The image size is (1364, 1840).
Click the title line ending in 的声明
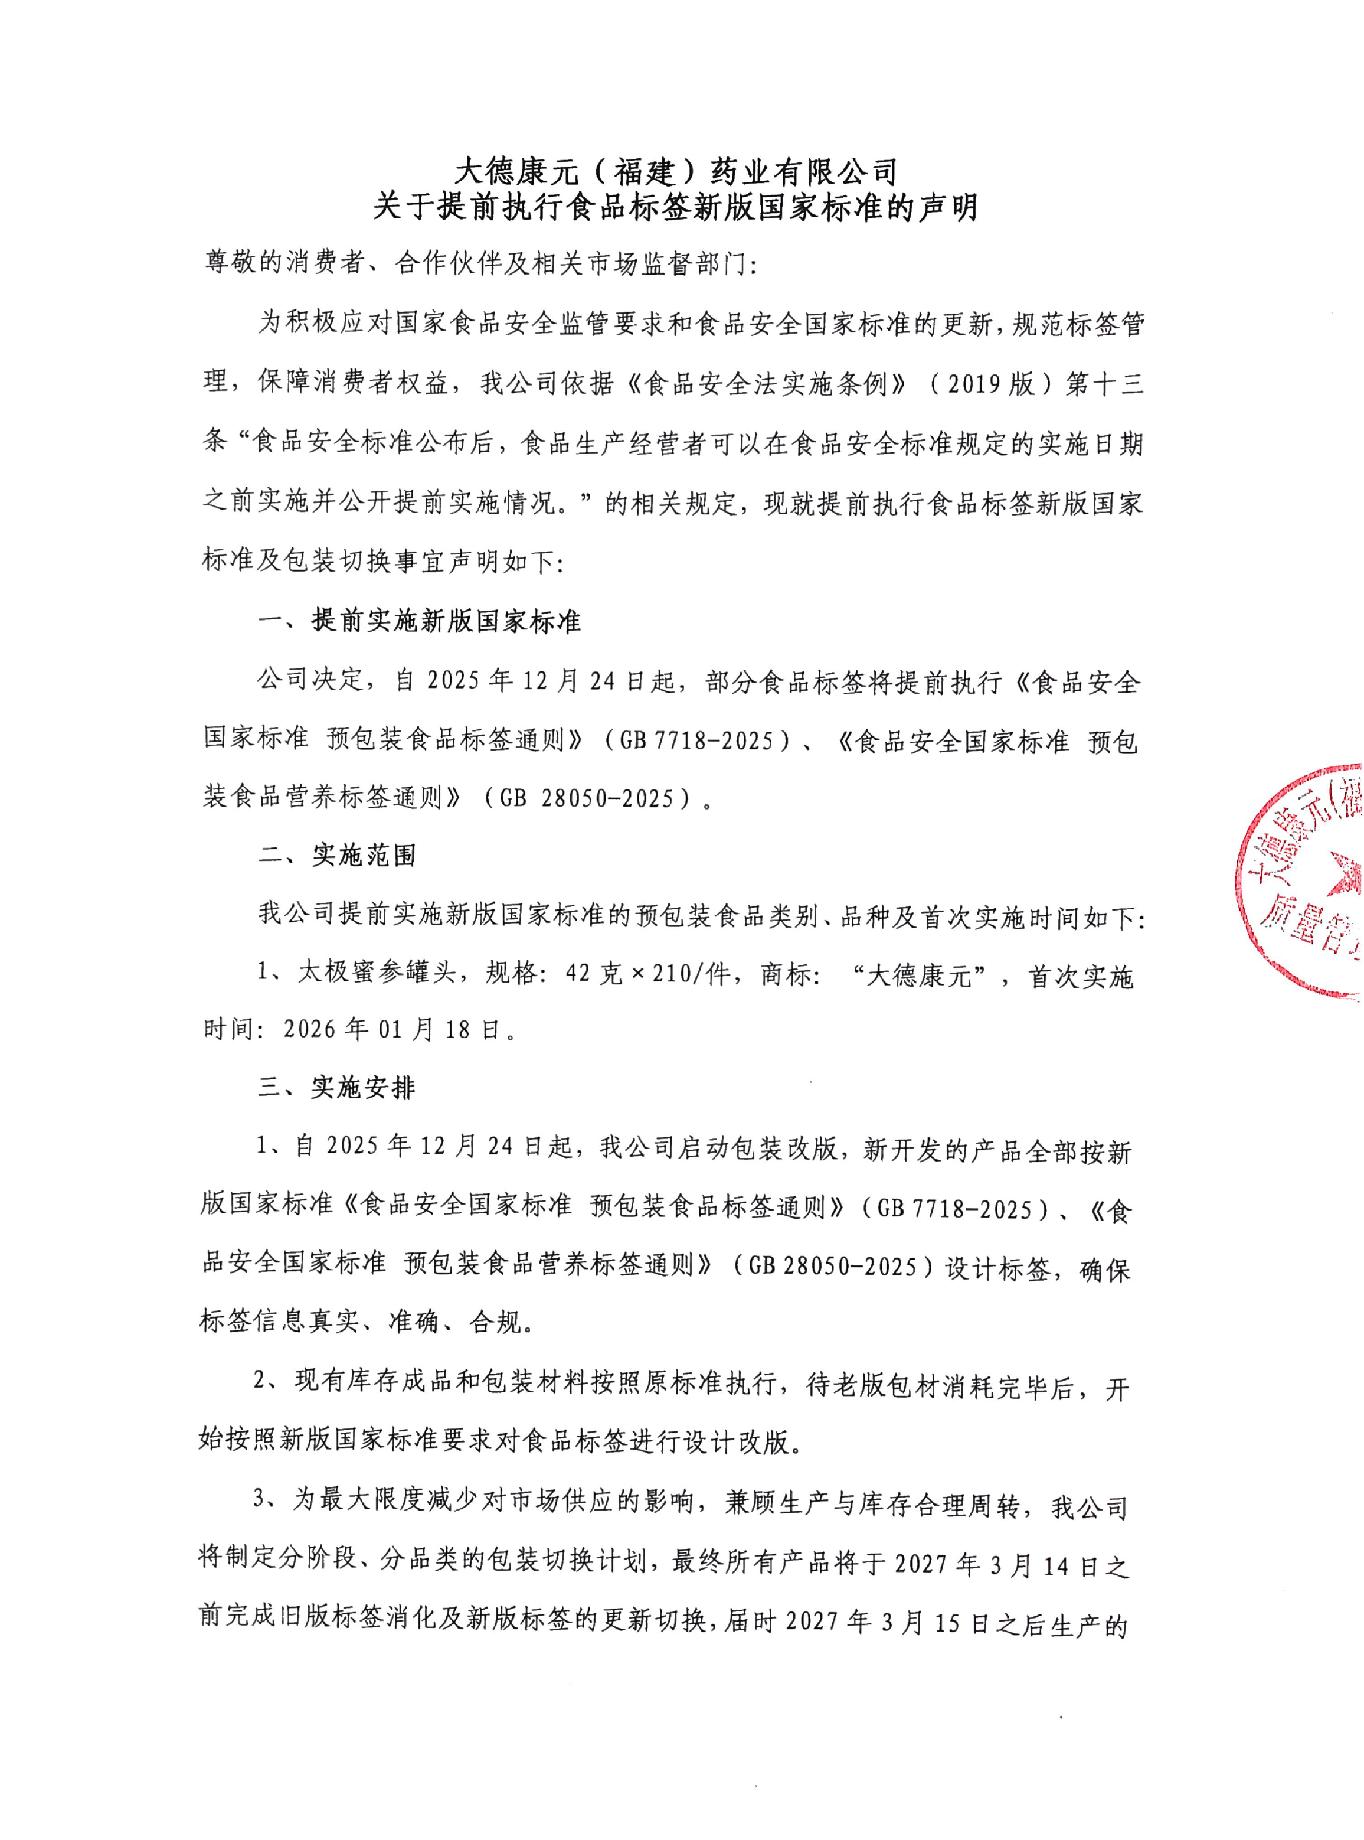pyautogui.click(x=675, y=207)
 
